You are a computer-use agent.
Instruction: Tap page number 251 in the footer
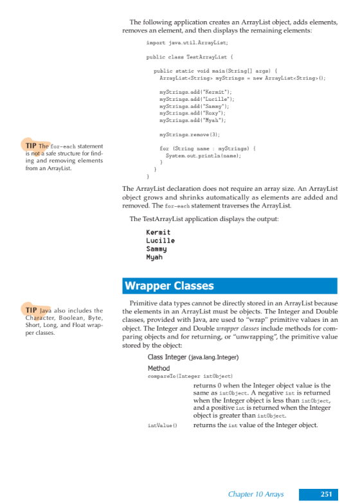[x=325, y=493]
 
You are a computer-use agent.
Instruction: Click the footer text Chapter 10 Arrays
[x=256, y=493]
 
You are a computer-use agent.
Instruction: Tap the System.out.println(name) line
[x=203, y=155]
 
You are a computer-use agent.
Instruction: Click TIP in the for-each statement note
[x=31, y=146]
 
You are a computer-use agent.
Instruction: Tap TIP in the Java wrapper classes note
[x=31, y=311]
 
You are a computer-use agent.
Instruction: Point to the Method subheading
[x=159, y=368]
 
